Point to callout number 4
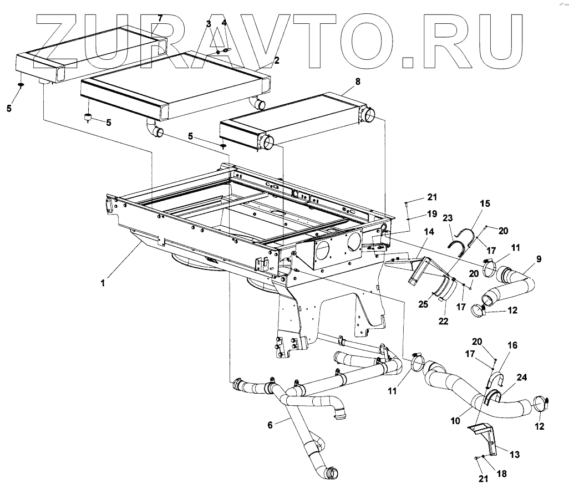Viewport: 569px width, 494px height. (224, 23)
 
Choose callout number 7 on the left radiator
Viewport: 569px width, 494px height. (160, 18)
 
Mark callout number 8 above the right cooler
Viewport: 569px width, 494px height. (357, 81)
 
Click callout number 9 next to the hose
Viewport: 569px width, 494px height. (538, 258)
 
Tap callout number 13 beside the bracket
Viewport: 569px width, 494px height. (515, 455)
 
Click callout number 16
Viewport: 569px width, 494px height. (512, 345)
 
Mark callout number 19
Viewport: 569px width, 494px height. (432, 213)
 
